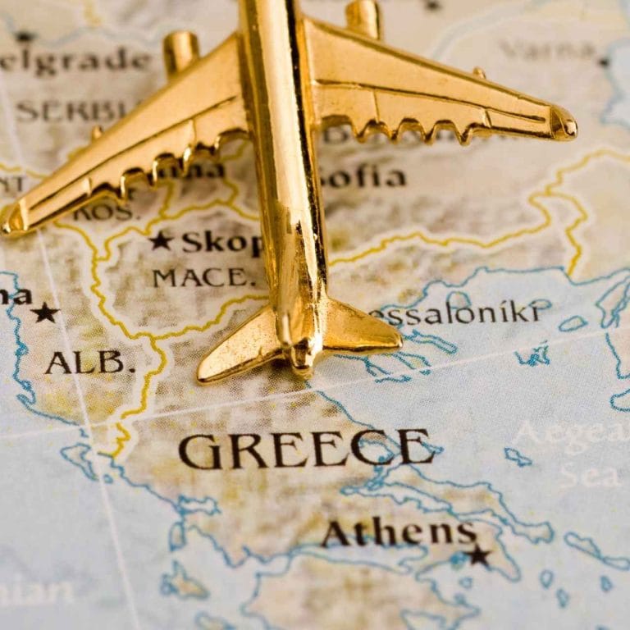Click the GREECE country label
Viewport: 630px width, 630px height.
point(306,449)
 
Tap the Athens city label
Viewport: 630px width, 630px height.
point(399,533)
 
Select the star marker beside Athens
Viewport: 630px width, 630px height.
point(477,555)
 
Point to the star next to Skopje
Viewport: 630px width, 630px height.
point(160,240)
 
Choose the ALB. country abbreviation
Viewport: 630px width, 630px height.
point(89,362)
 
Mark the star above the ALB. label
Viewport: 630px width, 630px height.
point(44,312)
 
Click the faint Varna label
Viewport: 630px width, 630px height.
point(548,50)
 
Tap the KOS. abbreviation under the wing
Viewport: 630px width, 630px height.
point(103,212)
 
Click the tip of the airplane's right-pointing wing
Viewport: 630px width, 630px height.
point(566,126)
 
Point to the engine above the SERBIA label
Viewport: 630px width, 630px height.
point(180,51)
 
